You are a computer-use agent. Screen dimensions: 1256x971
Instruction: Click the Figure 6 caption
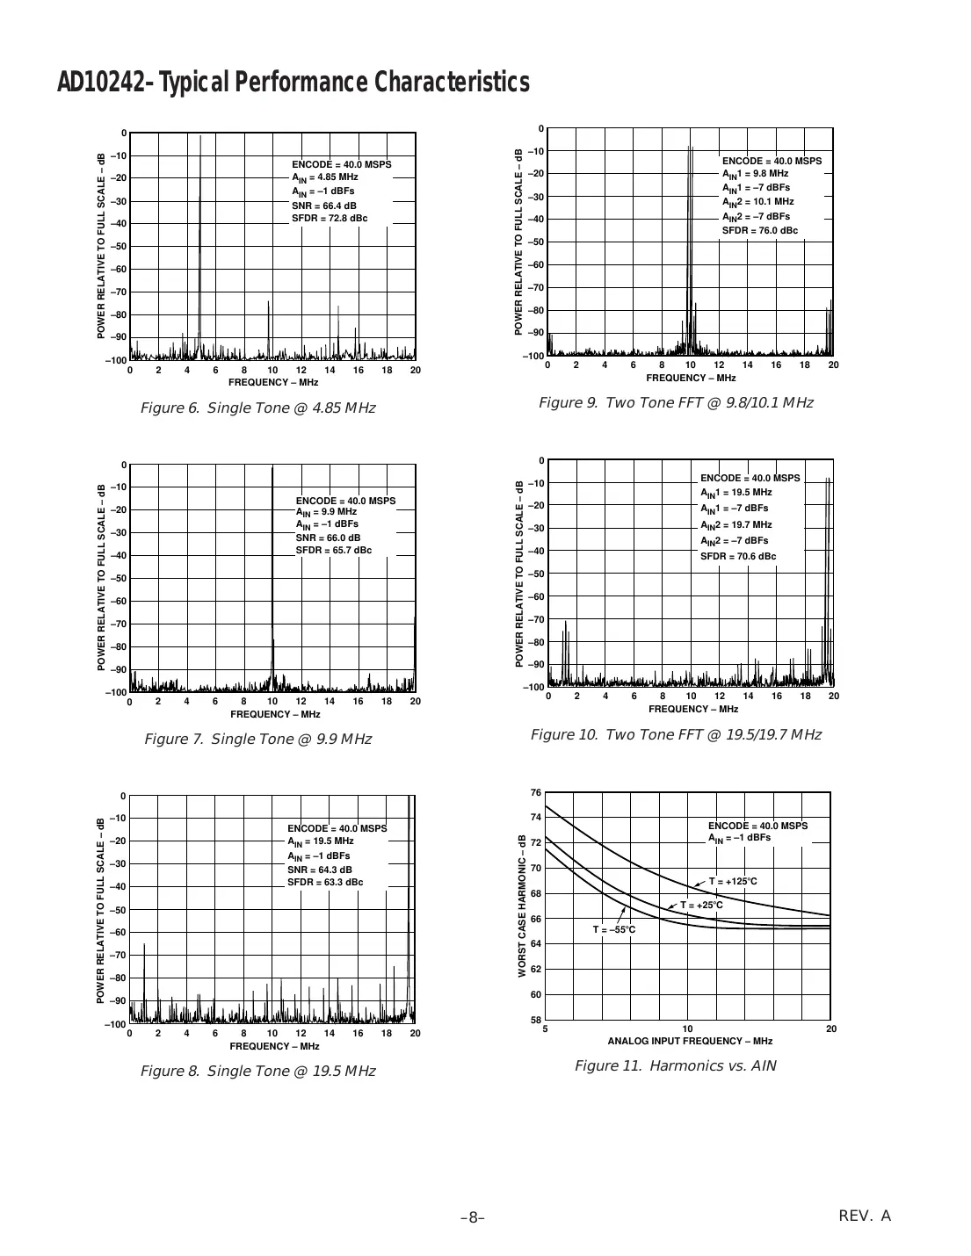[257, 408]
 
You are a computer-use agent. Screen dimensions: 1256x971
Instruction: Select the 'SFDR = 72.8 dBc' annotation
[330, 219]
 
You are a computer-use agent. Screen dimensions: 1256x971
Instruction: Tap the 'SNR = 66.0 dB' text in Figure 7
[328, 538]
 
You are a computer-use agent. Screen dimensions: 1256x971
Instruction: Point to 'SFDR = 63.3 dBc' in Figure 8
[325, 882]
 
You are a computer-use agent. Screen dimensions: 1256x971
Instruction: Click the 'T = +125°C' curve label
[733, 882]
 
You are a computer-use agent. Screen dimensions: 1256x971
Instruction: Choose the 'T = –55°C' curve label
[613, 929]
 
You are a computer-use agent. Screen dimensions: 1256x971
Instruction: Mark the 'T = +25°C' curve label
[701, 905]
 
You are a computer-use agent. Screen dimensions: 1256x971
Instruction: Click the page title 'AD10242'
[101, 83]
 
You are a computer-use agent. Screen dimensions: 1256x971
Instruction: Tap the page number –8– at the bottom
[473, 1217]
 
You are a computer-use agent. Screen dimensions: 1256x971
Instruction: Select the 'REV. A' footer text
[865, 1216]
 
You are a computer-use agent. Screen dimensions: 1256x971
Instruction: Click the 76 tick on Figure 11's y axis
[536, 793]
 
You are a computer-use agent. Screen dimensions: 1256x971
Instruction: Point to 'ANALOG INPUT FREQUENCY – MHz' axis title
[690, 1041]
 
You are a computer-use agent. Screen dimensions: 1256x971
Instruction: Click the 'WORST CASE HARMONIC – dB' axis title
[522, 906]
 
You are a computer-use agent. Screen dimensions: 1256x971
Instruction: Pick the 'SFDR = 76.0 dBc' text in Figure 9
[760, 230]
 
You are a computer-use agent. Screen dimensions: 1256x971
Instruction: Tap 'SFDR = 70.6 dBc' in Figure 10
[738, 556]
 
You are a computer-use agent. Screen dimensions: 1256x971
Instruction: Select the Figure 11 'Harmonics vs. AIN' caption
[675, 1066]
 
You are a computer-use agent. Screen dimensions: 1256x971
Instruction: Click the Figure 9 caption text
[675, 403]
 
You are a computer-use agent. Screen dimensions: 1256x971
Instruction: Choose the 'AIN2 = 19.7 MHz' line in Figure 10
[736, 524]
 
